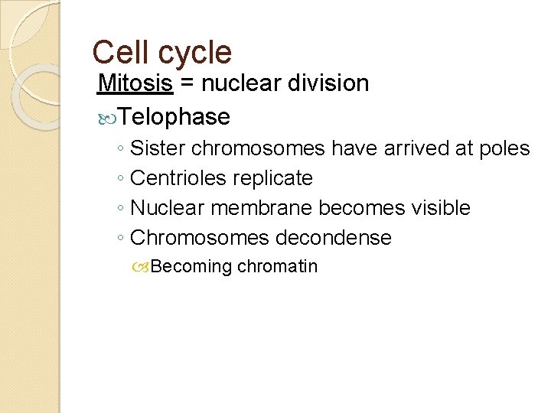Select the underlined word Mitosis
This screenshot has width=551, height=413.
click(x=135, y=83)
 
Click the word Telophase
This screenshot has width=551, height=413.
click(x=174, y=116)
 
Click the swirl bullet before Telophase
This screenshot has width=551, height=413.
click(x=108, y=117)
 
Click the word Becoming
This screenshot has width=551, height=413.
click(x=192, y=267)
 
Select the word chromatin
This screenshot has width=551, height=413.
click(x=278, y=266)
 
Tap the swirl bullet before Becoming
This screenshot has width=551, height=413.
click(x=142, y=267)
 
